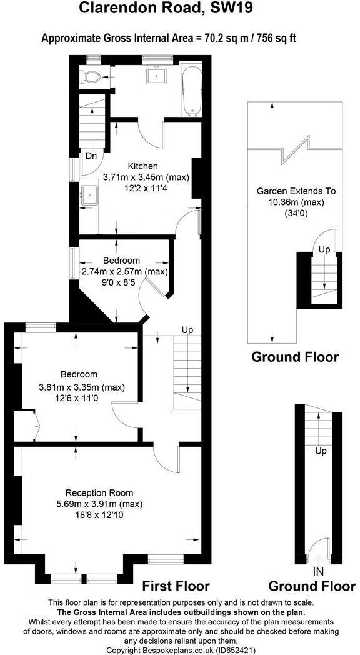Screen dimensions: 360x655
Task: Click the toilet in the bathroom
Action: (92, 76)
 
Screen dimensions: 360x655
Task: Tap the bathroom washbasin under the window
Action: (157, 76)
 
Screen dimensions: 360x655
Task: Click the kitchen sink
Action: (89, 195)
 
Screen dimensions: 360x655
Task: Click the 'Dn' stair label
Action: (91, 156)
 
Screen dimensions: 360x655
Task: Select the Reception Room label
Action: (99, 492)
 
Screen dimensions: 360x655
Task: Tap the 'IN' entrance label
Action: (318, 571)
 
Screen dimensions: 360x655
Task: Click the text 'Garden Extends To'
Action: (296, 192)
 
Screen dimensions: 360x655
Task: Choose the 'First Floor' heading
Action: (176, 586)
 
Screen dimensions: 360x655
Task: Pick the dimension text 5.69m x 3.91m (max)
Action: (99, 504)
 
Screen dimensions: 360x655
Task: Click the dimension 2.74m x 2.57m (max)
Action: (124, 272)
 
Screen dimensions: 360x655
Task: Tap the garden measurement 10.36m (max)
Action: (296, 202)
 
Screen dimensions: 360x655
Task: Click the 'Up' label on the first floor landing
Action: (187, 331)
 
